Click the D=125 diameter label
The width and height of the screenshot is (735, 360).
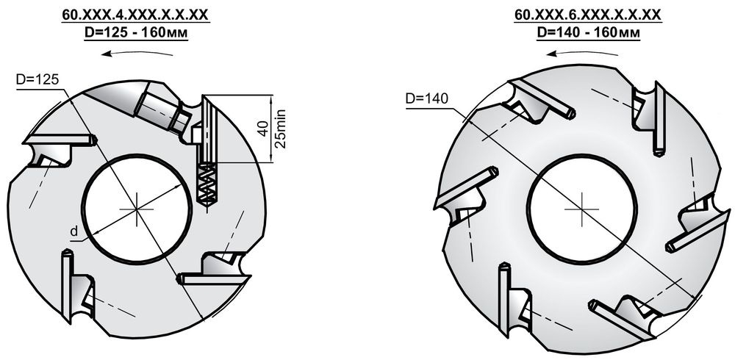click(x=37, y=79)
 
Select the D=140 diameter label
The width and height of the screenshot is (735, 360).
click(x=427, y=99)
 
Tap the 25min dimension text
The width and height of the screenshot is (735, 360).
click(x=280, y=129)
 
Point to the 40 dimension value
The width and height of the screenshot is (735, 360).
click(x=263, y=129)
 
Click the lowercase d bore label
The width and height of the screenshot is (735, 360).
click(x=73, y=231)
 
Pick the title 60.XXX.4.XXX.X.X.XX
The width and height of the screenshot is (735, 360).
click(x=136, y=15)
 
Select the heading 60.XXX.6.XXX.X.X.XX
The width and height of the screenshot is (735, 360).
click(x=588, y=15)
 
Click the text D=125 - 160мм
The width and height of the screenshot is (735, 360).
click(x=136, y=34)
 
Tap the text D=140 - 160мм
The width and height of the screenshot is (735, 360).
click(x=588, y=33)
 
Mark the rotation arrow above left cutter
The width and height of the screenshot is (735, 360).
click(x=137, y=51)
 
